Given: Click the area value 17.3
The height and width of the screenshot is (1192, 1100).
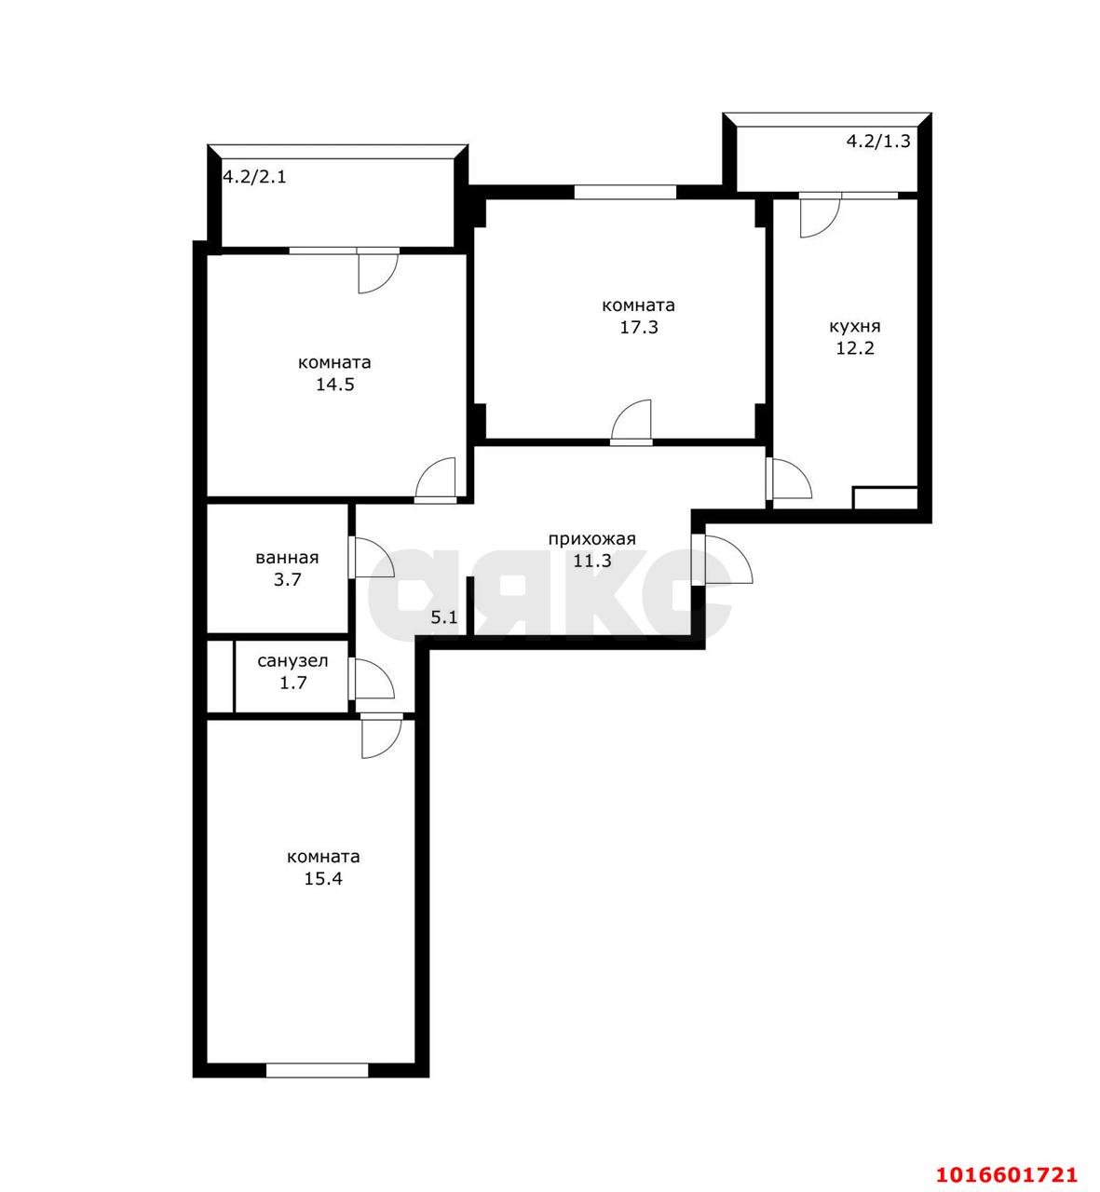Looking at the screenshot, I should pos(639,328).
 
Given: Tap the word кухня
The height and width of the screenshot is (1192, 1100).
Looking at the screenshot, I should pos(855,327).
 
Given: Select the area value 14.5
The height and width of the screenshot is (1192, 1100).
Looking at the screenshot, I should pos(334,385).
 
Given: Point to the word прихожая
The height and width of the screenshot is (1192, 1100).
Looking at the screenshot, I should pos(591,538).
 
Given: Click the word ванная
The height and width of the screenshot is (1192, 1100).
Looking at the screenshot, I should pos(287,558).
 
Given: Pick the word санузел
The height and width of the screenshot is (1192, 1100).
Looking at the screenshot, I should pos(292,661).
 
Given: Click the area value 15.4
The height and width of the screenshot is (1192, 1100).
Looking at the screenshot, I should pos(323,878).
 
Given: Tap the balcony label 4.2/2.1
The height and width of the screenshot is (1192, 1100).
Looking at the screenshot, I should pos(254,176).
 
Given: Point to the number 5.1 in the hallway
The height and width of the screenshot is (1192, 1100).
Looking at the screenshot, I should pos(443,616).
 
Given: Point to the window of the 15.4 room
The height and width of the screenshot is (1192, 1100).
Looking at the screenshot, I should pos(317,1071).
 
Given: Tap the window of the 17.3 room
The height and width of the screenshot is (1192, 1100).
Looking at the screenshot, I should pos(624,192).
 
